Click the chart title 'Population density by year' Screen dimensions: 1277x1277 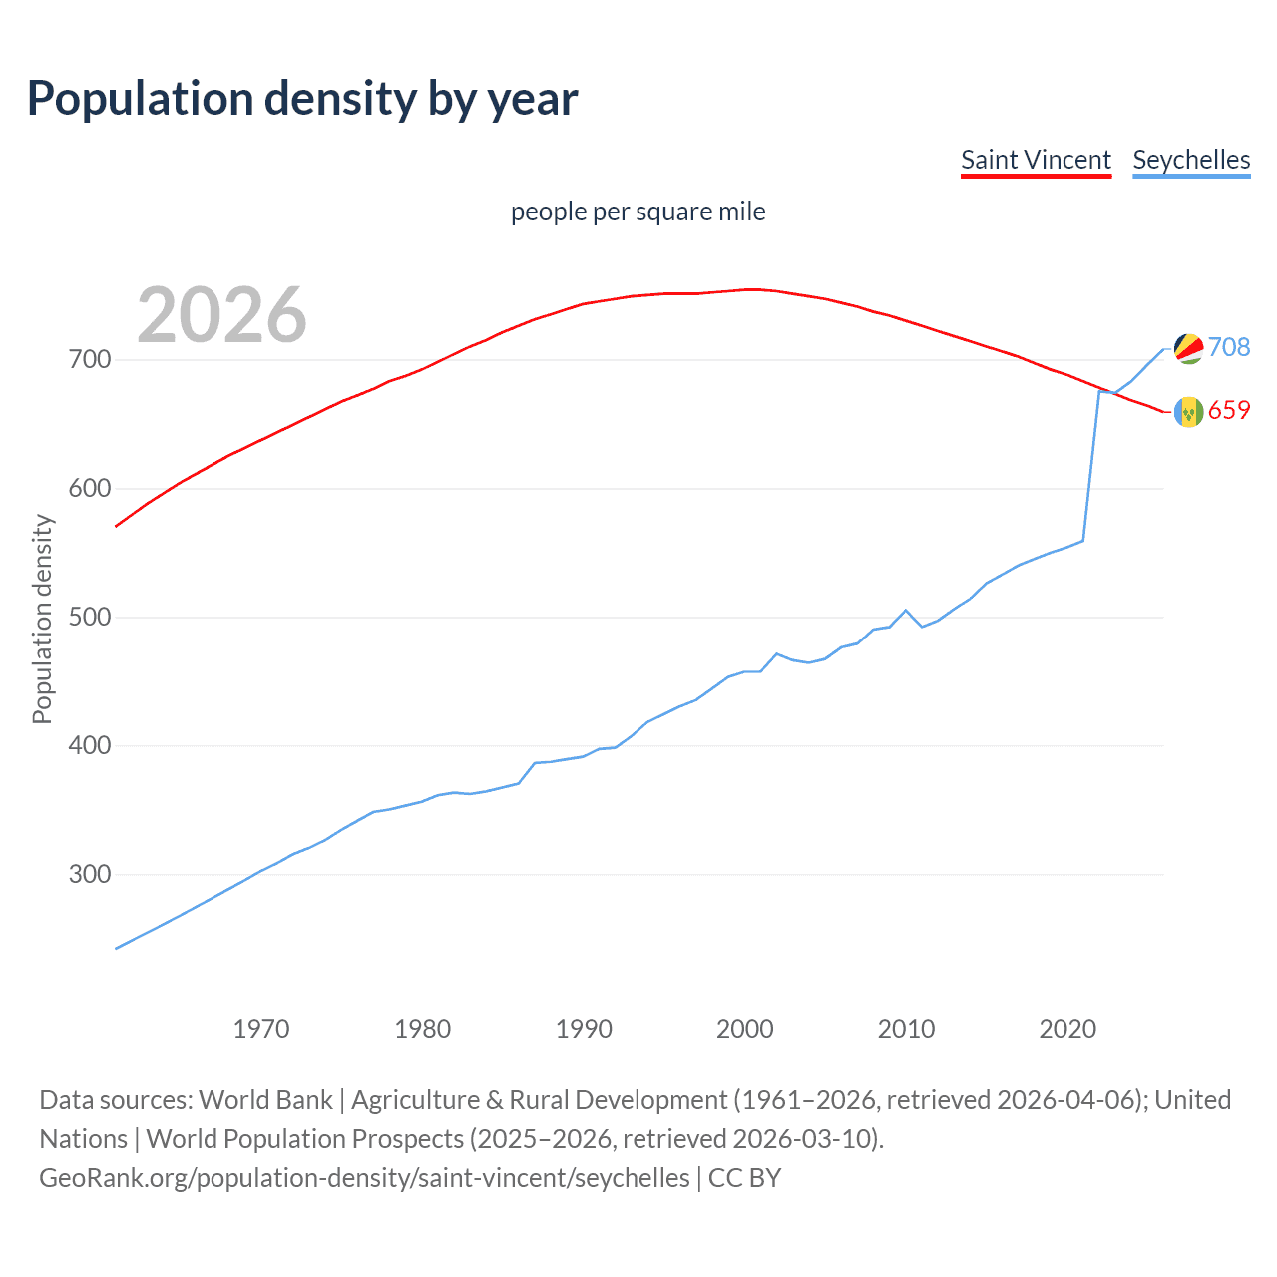(x=302, y=99)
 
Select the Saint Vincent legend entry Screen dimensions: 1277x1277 (x=1036, y=160)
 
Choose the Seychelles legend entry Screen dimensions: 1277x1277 (x=1191, y=160)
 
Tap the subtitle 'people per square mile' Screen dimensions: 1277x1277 (x=638, y=212)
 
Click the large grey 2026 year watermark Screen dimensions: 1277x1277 (x=221, y=315)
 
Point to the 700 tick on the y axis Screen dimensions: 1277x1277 (x=90, y=359)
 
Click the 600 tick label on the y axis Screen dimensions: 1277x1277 (x=90, y=488)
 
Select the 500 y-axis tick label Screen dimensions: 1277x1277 (x=90, y=617)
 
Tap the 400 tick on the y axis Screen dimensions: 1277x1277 (x=90, y=745)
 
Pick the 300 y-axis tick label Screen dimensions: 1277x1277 (x=90, y=874)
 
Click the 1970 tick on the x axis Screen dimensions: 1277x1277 (x=261, y=1029)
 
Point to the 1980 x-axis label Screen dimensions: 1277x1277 (x=422, y=1029)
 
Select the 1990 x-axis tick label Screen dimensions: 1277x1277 (x=584, y=1029)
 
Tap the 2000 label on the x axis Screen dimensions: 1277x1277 (x=745, y=1029)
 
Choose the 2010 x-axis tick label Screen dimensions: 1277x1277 (x=906, y=1029)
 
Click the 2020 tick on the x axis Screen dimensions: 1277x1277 (x=1067, y=1029)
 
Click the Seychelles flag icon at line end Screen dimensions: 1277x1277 (x=1188, y=348)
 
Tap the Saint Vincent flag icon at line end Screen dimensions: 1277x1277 (x=1188, y=411)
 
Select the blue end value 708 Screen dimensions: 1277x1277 (x=1229, y=347)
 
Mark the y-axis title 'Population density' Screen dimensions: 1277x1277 (x=42, y=619)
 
